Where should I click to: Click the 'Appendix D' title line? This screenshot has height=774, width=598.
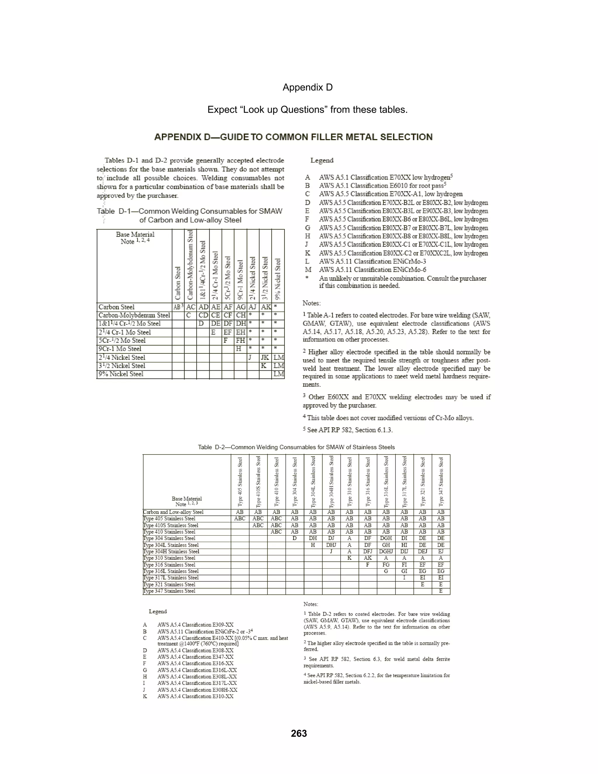[x=307, y=87]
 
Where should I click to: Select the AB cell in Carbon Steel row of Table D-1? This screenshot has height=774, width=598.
[x=178, y=307]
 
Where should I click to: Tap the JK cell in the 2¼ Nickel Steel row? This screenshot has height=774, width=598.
[x=265, y=357]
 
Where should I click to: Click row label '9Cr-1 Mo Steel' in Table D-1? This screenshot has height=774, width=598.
[x=120, y=349]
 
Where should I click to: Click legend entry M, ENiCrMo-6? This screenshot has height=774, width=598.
[x=372, y=270]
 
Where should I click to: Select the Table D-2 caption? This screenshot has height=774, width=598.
[x=296, y=447]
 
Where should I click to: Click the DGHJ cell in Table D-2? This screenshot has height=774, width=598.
[x=386, y=551]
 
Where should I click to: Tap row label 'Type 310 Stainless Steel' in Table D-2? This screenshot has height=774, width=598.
[x=169, y=558]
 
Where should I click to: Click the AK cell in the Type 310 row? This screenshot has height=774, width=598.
[x=368, y=558]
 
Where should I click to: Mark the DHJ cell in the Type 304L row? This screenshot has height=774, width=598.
[x=331, y=545]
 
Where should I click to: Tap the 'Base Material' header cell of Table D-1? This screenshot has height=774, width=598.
[x=135, y=238]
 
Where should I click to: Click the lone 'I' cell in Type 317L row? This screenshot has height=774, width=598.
[x=404, y=578]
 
